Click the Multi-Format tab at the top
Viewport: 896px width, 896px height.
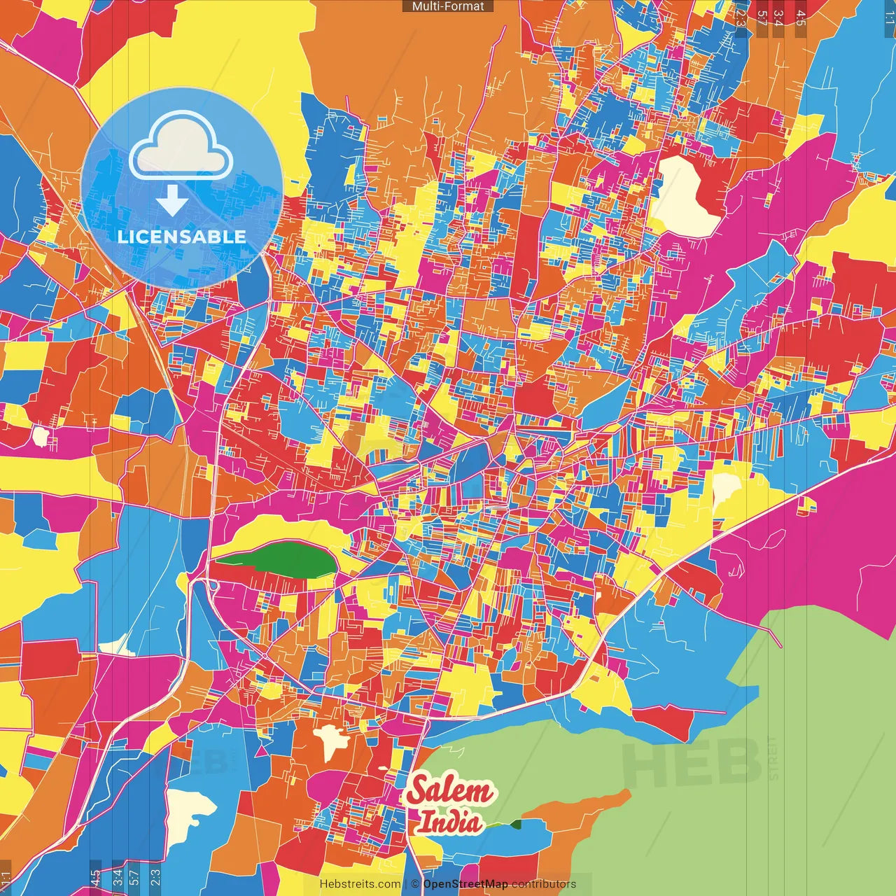[448, 6]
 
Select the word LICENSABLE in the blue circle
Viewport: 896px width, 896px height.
[182, 237]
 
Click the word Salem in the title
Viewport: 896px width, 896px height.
[450, 792]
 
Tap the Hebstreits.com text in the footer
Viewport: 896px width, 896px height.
[360, 884]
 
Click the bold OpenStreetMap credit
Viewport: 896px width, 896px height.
[465, 884]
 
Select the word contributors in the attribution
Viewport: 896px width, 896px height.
[544, 884]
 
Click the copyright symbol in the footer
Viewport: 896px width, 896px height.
[414, 884]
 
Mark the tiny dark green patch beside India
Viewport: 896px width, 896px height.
[516, 824]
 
